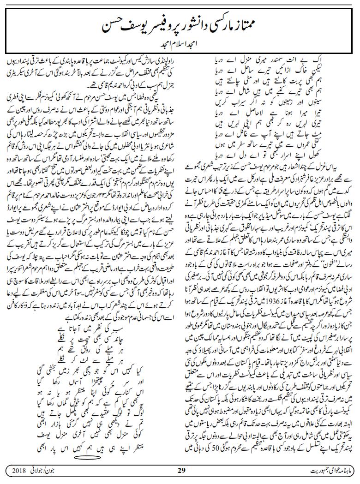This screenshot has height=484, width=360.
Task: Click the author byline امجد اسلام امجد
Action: point(180,45)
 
